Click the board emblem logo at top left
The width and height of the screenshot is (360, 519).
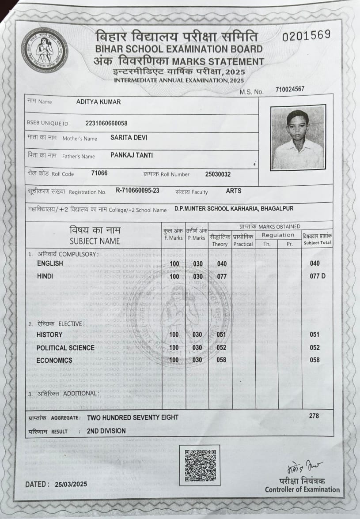[x=44, y=49]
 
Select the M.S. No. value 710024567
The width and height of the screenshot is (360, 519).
[x=290, y=89]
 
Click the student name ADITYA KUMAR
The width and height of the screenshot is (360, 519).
[x=99, y=102]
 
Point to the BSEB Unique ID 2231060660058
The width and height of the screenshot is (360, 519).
[x=106, y=123]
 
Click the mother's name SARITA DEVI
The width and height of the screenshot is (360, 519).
[x=129, y=138]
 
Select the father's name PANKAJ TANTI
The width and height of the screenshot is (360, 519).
[x=132, y=155]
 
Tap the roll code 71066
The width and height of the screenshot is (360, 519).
[x=99, y=173]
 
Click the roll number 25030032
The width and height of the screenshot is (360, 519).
[x=218, y=174]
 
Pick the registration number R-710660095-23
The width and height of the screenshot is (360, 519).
[x=137, y=191]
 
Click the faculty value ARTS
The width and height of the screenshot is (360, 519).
[x=234, y=191]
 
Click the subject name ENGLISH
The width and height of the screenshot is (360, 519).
[x=50, y=263]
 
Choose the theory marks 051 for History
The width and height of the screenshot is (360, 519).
[x=221, y=335]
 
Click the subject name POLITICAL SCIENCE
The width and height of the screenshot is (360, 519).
[x=65, y=348]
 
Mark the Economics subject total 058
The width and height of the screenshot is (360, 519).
[x=315, y=360]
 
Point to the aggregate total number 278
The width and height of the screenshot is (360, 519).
[x=314, y=416]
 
